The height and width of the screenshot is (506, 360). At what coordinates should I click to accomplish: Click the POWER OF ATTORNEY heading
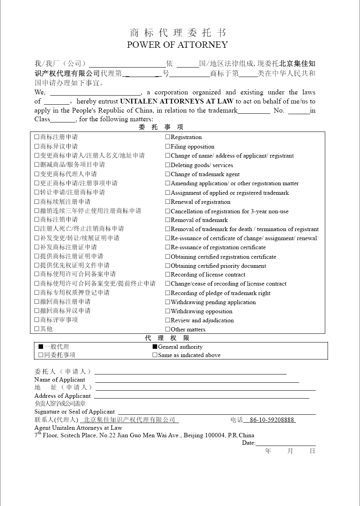pos(177,45)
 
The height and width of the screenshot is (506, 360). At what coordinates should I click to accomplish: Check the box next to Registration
pos(168,137)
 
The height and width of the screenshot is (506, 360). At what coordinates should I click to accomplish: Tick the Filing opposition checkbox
pos(168,147)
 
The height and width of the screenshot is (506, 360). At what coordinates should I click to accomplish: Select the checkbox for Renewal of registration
pos(168,202)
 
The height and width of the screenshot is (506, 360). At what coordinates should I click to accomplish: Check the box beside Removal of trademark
pos(168,220)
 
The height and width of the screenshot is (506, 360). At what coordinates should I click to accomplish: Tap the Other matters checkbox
pos(168,329)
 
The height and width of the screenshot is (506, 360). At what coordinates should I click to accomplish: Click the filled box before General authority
pos(155,347)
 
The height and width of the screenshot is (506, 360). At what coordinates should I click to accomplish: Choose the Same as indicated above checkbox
pos(155,355)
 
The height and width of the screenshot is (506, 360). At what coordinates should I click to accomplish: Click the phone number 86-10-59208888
pos(272,420)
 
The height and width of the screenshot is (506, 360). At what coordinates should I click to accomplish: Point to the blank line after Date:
pos(285,443)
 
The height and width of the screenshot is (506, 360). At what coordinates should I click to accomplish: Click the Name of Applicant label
pos(60,380)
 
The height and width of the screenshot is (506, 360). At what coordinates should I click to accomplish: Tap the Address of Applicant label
pos(62,396)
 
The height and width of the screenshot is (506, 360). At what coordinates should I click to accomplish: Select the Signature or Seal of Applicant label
pos(75,412)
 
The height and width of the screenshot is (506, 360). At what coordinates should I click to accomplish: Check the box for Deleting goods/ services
pos(168,165)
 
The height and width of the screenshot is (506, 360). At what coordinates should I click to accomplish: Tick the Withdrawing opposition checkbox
pos(168,311)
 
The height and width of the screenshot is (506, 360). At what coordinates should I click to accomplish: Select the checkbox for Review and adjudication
pos(168,320)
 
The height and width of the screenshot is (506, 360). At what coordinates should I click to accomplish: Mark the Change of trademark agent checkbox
pos(168,174)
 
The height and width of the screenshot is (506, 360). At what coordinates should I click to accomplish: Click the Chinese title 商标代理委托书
pos(178,33)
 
